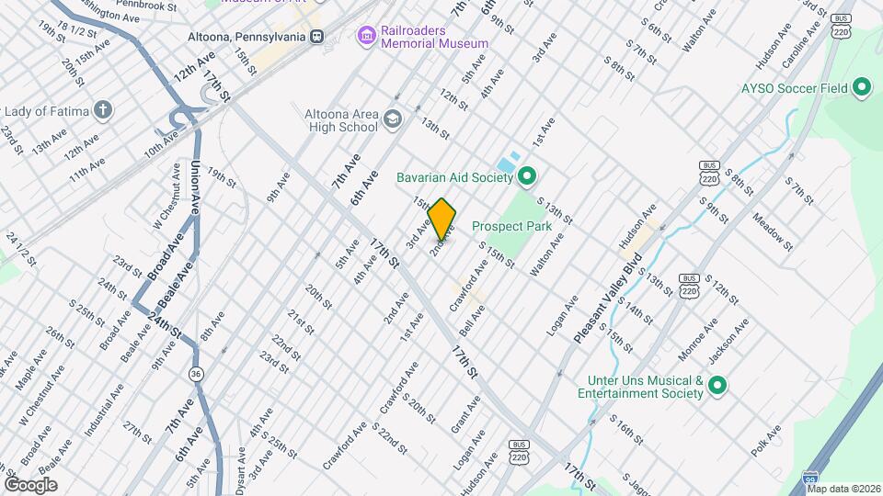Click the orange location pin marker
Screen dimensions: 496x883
[x=442, y=220]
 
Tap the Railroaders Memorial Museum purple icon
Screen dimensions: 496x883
[x=367, y=35]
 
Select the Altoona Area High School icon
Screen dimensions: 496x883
[x=393, y=119]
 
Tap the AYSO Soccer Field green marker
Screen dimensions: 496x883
[x=862, y=89]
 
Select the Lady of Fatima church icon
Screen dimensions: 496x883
[x=104, y=112]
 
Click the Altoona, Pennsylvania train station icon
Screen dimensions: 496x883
[x=316, y=36]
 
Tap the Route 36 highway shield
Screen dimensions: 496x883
[x=196, y=374]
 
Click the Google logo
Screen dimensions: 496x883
[x=30, y=484]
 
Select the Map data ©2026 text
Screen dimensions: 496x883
[x=843, y=489]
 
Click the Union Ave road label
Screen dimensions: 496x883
[x=195, y=187]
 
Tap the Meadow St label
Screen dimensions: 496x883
[x=772, y=232]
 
